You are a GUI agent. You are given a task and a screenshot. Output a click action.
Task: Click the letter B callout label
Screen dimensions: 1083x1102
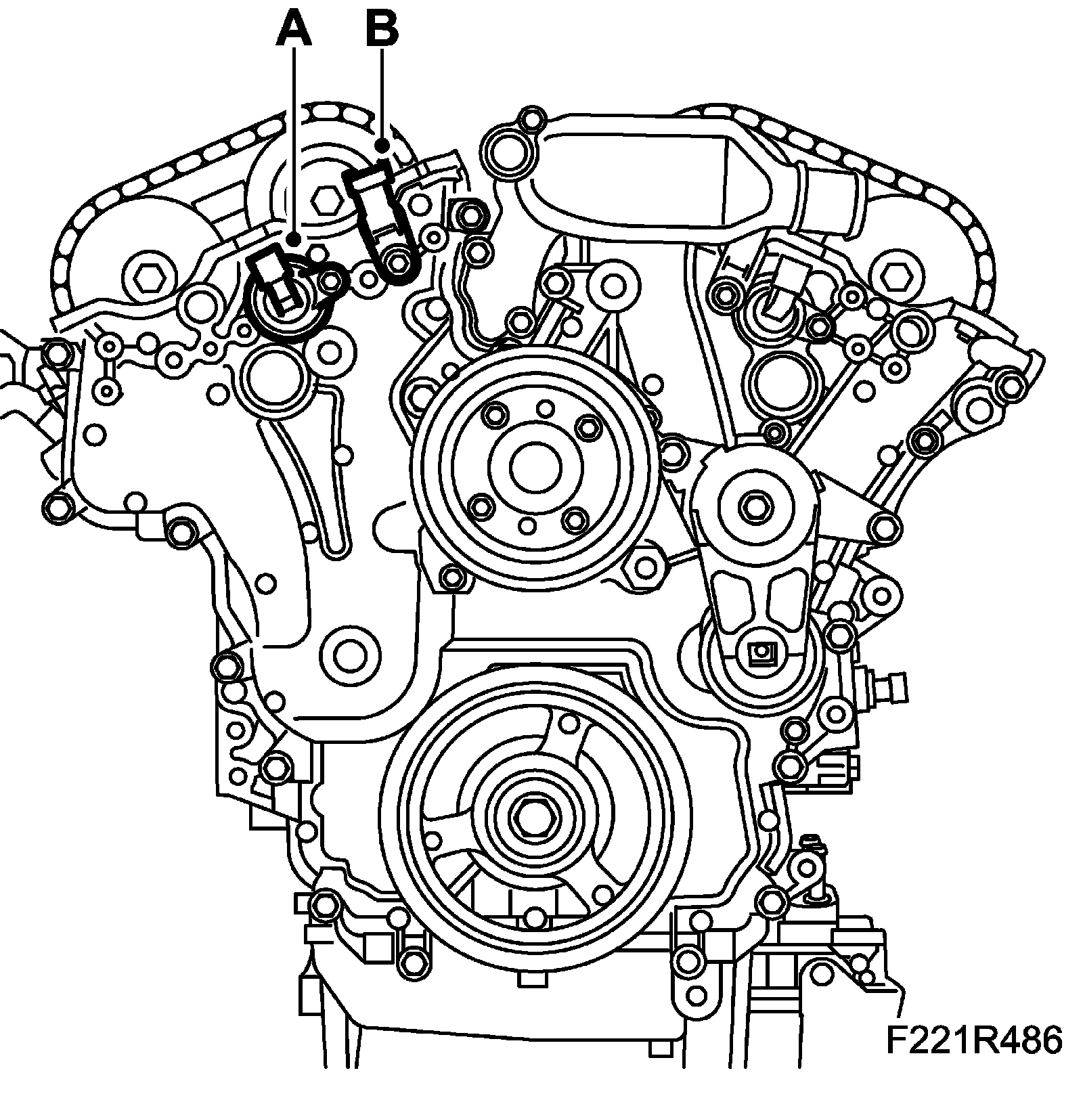[x=382, y=29]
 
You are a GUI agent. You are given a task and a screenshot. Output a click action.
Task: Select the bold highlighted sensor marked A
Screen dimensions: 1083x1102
[x=278, y=285]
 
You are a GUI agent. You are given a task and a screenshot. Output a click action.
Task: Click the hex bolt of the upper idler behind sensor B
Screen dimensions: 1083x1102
[x=328, y=199]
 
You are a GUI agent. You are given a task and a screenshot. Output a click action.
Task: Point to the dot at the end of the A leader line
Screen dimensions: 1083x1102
[x=293, y=238]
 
